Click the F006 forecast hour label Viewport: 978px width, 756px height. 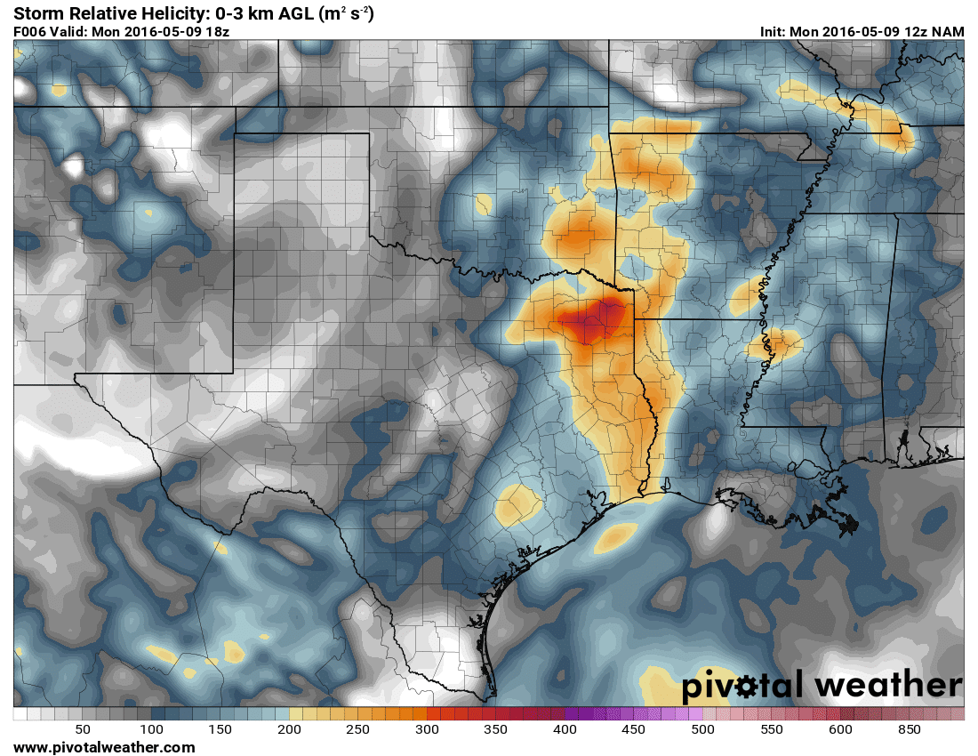[x=30, y=31]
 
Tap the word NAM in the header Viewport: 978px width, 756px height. [x=947, y=31]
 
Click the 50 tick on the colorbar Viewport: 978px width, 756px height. [x=83, y=729]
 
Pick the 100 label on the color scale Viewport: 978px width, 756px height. [x=151, y=729]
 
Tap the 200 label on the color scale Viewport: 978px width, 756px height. [x=289, y=729]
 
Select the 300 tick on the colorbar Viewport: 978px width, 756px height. [x=427, y=729]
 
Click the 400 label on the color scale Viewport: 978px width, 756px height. [x=565, y=729]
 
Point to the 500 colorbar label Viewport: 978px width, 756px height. [x=702, y=729]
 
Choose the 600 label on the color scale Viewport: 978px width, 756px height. [x=840, y=729]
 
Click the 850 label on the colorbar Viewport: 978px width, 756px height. [x=909, y=729]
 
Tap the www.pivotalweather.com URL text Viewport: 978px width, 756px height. [x=104, y=747]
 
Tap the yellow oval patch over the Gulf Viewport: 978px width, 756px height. [x=615, y=535]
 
